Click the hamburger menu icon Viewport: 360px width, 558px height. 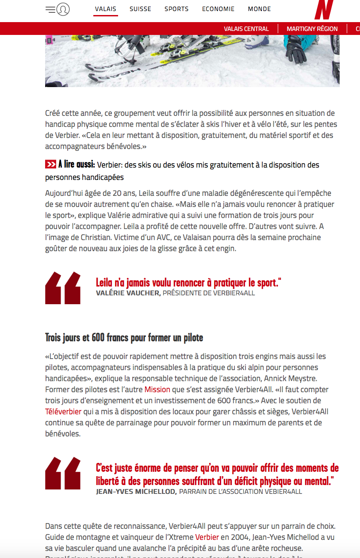point(50,9)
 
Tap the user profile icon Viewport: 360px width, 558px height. point(63,9)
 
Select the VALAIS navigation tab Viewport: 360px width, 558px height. point(106,9)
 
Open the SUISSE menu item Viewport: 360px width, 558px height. point(140,9)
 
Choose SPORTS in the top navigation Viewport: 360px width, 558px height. point(176,9)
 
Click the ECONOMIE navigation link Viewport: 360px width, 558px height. point(218,9)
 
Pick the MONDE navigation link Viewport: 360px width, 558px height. point(259,9)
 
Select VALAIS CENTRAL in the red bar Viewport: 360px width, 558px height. point(246,29)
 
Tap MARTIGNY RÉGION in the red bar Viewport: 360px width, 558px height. point(312,29)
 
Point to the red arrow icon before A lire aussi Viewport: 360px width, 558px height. point(50,165)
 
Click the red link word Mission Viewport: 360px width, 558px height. point(157,390)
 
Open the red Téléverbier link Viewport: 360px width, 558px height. point(63,412)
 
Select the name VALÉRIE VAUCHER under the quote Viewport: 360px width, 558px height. point(128,293)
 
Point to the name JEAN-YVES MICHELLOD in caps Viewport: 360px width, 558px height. point(136,492)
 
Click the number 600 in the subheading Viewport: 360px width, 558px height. point(98,338)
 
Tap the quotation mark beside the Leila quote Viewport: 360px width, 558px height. point(63,288)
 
